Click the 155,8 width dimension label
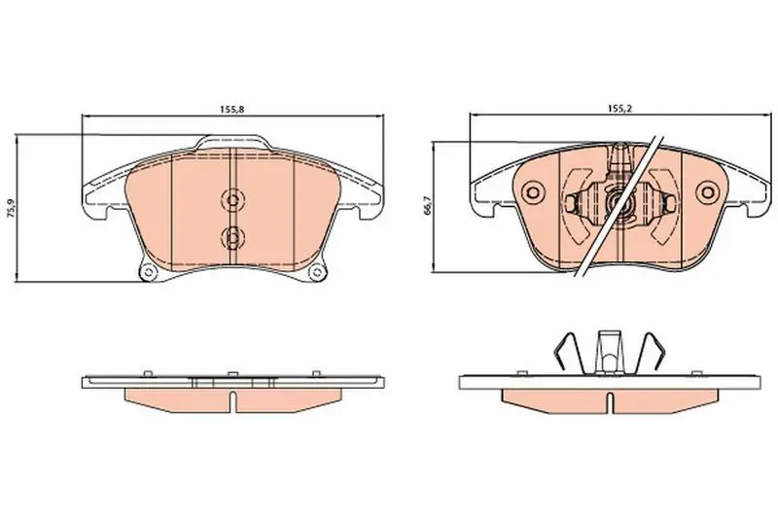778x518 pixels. [232, 110]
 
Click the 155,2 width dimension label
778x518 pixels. [619, 109]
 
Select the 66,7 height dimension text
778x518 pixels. [428, 205]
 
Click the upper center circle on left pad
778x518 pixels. [231, 199]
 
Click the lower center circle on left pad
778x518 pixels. [231, 236]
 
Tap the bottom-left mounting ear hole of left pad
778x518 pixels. [147, 272]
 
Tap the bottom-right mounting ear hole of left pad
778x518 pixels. [315, 272]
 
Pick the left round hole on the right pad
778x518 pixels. [533, 191]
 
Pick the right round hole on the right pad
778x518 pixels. [707, 191]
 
